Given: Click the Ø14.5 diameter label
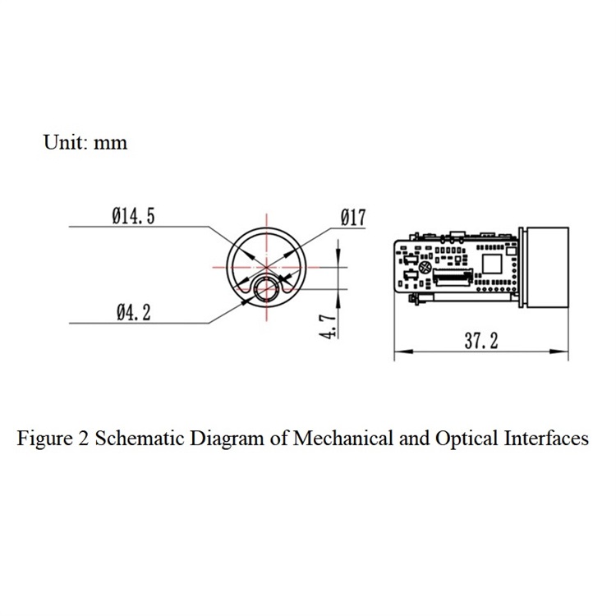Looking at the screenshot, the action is click(x=134, y=216).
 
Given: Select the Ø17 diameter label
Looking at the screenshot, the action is click(x=353, y=218).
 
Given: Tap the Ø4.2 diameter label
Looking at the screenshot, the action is click(x=134, y=313).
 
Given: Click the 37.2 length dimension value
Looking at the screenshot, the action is click(x=481, y=341).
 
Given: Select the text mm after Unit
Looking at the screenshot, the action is click(x=111, y=144).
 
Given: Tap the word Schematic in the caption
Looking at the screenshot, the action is click(x=140, y=438).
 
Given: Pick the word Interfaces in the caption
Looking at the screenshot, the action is click(x=546, y=438).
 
